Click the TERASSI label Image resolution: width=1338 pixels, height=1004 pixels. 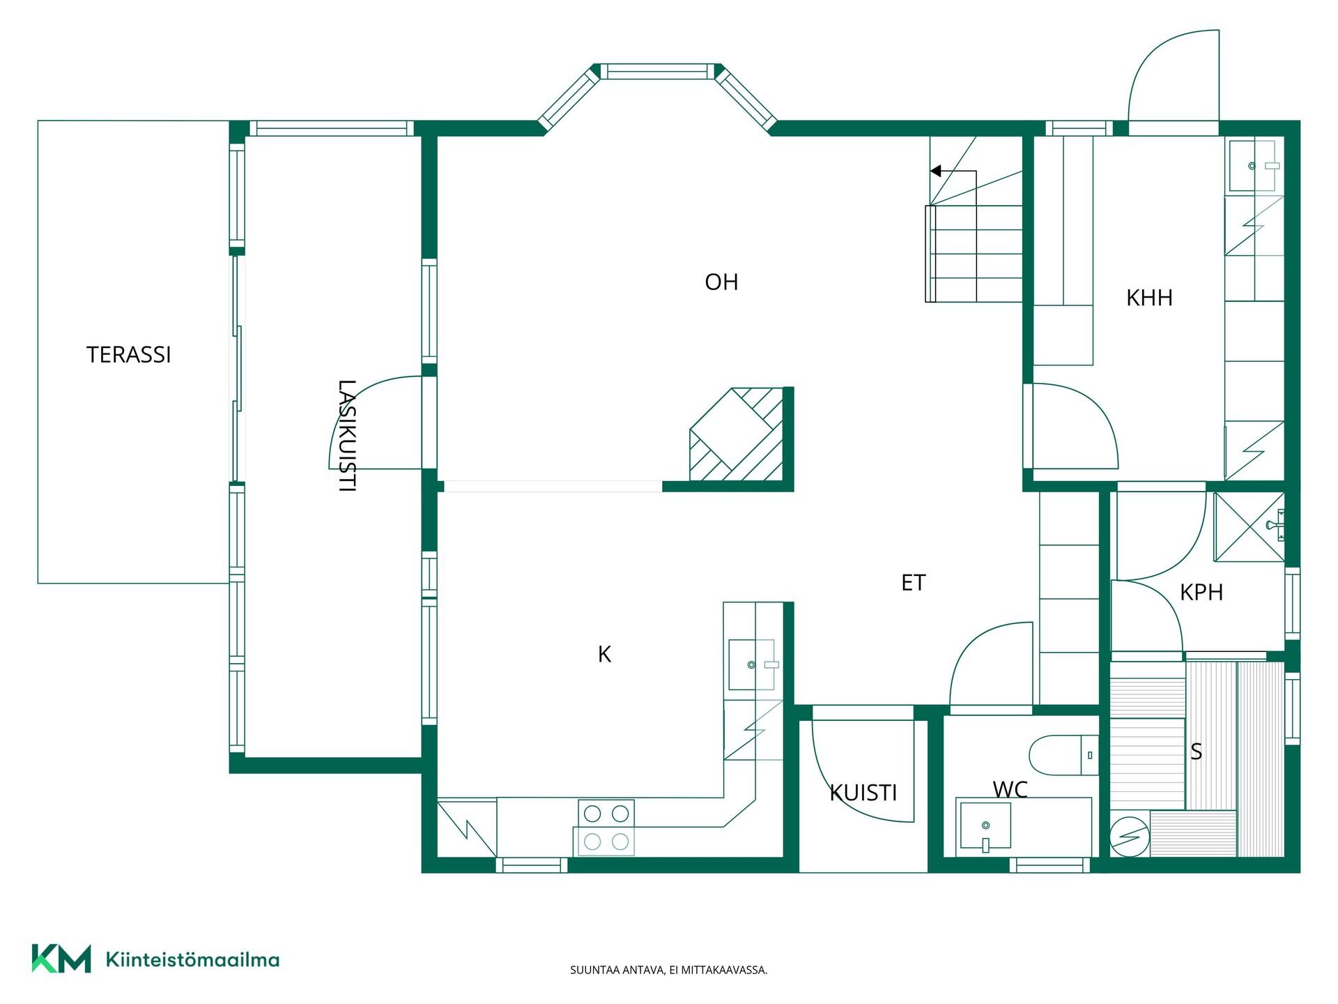coord(129,355)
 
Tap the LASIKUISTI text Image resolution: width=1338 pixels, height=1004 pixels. coord(347,436)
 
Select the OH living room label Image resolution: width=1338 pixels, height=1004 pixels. coord(721,282)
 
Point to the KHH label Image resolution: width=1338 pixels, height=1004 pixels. coord(1149,298)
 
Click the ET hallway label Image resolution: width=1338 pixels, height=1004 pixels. coord(913,583)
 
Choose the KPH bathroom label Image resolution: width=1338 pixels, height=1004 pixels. coord(1201,593)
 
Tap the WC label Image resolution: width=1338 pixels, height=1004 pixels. coord(1010,789)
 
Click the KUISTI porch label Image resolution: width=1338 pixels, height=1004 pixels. coord(863,793)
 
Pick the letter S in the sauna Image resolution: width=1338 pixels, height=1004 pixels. coord(1196,752)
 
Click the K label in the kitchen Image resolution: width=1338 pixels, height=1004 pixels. coord(604,654)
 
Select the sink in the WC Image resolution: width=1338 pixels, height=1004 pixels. coord(985,826)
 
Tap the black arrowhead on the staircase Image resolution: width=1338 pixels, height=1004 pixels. coord(936,171)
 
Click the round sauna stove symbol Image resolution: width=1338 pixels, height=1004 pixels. coord(1129,835)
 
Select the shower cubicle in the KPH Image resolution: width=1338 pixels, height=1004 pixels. coord(1249,527)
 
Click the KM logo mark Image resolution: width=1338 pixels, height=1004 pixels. coord(61,959)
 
